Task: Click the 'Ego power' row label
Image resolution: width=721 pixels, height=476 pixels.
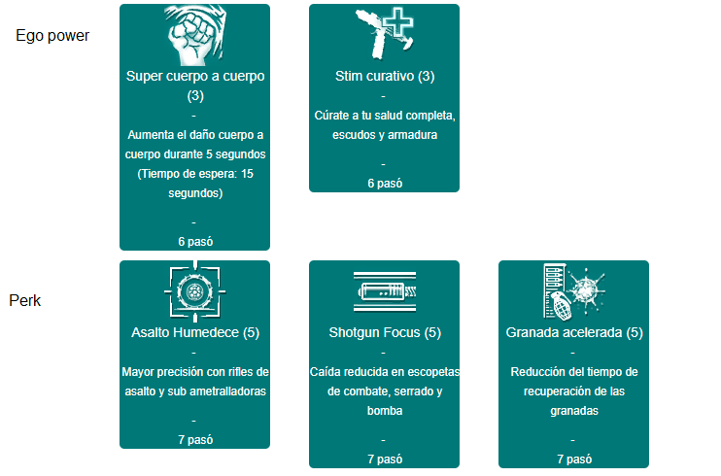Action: pyautogui.click(x=52, y=36)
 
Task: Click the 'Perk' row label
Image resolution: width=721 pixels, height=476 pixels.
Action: pyautogui.click(x=25, y=301)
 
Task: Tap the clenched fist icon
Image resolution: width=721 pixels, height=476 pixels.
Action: pyautogui.click(x=195, y=35)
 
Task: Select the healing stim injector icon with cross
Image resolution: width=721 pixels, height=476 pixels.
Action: pyautogui.click(x=385, y=34)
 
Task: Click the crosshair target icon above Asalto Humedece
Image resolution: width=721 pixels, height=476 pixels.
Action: pyautogui.click(x=195, y=291)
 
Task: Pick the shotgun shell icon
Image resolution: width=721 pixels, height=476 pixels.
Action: pyautogui.click(x=385, y=291)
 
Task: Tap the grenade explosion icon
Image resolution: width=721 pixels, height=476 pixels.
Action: pyautogui.click(x=574, y=291)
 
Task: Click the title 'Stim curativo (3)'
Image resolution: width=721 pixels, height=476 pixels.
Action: pyautogui.click(x=385, y=76)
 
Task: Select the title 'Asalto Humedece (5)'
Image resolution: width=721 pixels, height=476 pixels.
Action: pyautogui.click(x=195, y=332)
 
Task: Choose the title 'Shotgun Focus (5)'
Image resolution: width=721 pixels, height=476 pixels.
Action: pyautogui.click(x=385, y=332)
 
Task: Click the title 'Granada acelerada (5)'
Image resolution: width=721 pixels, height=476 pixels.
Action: pyautogui.click(x=574, y=332)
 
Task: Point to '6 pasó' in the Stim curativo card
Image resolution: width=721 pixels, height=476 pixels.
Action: pyautogui.click(x=385, y=184)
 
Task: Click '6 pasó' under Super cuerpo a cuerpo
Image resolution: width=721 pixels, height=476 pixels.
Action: pyautogui.click(x=195, y=242)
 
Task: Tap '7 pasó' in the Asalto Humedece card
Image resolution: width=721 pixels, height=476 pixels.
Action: pyautogui.click(x=195, y=440)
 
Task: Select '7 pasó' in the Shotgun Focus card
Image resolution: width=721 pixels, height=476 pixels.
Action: pyautogui.click(x=385, y=459)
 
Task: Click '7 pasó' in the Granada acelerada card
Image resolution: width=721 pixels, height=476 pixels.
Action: pyautogui.click(x=574, y=459)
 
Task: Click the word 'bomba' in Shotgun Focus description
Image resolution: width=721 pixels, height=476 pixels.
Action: pyautogui.click(x=385, y=411)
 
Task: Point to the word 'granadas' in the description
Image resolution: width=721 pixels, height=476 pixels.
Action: pyautogui.click(x=574, y=411)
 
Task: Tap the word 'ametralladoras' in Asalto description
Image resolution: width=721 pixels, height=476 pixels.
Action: pyautogui.click(x=227, y=391)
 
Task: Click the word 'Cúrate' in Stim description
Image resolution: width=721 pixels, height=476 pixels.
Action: pyautogui.click(x=331, y=116)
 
